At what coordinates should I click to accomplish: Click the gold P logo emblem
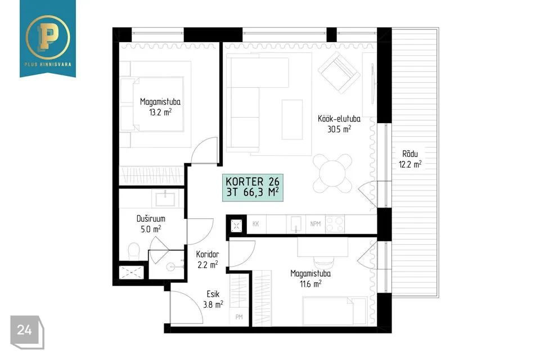[x=47, y=37]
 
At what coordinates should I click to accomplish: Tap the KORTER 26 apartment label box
[x=253, y=187]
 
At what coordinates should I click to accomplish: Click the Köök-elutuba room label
[x=339, y=119]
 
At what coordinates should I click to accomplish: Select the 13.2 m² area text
[x=160, y=112]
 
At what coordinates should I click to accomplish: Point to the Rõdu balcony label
[x=410, y=154]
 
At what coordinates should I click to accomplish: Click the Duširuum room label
[x=151, y=218]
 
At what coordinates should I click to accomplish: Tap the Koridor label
[x=208, y=254]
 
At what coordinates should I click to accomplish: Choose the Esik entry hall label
[x=213, y=294]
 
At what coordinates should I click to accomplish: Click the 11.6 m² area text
[x=310, y=284]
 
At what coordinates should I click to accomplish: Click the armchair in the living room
[x=339, y=73]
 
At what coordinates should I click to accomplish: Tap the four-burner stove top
[x=335, y=224]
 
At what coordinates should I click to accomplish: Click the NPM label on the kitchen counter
[x=315, y=223]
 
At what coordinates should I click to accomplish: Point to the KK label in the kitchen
[x=255, y=223]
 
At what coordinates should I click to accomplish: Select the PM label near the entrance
[x=239, y=317]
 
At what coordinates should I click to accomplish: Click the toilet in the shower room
[x=134, y=251]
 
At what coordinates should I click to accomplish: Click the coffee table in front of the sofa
[x=292, y=120]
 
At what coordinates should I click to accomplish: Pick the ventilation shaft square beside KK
[x=236, y=226]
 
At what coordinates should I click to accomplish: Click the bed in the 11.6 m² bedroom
[x=334, y=312]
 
